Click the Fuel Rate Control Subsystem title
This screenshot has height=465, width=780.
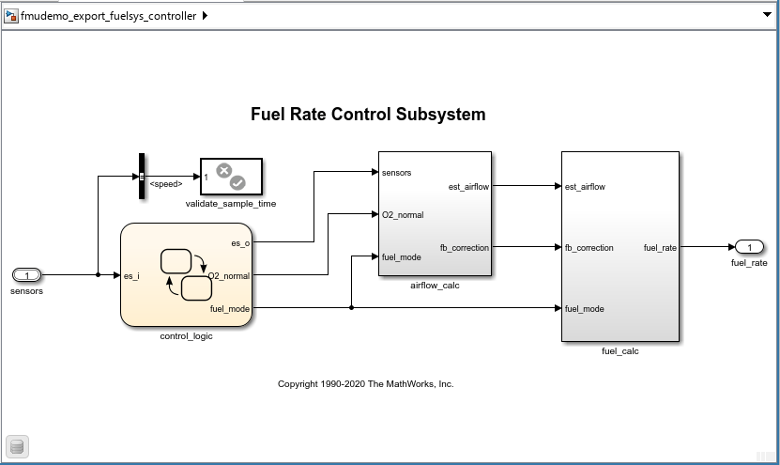coord(368,115)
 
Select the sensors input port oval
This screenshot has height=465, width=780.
coord(27,275)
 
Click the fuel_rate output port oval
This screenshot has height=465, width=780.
coord(749,247)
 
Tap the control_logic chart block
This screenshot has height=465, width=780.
coord(186,274)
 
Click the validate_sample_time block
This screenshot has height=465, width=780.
coord(231,176)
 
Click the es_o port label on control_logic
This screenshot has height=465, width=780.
coord(240,243)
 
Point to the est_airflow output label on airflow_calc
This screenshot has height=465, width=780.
coord(468,187)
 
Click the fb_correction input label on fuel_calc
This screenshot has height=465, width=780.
coord(589,248)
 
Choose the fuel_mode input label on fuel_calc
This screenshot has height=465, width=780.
coord(585,309)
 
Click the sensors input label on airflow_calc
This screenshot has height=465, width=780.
coord(397,173)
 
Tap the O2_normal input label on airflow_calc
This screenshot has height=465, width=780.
coord(403,215)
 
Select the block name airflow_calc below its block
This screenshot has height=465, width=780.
coord(435,285)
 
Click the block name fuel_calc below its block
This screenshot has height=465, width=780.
coord(619,351)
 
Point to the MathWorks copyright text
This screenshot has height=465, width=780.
coord(365,384)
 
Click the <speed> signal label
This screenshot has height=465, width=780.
coord(166,184)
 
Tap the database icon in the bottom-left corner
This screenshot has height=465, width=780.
coord(16,446)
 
